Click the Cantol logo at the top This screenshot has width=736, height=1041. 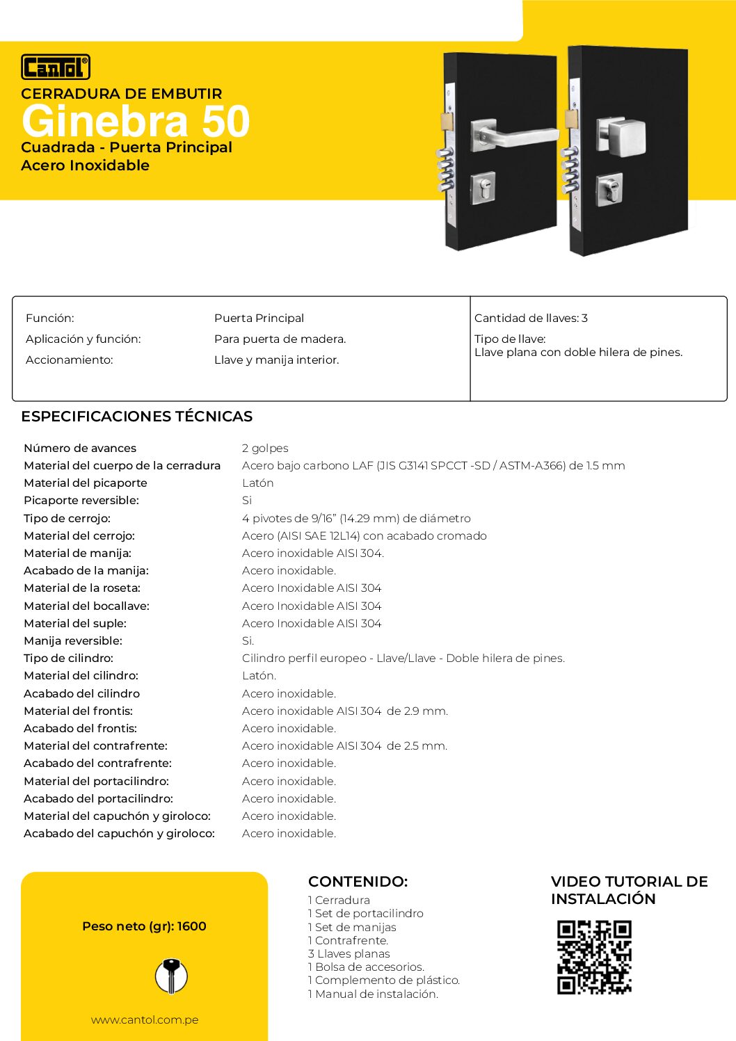[56, 67]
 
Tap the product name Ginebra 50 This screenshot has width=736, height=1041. [136, 121]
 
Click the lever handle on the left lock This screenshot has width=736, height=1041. [518, 136]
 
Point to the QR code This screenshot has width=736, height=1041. [594, 957]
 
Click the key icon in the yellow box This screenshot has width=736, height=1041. [171, 976]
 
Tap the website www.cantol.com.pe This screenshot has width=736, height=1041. [145, 1019]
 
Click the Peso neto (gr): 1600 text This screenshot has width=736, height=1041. [144, 926]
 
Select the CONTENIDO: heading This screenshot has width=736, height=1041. [358, 881]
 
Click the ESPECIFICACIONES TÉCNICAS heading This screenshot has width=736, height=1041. [136, 416]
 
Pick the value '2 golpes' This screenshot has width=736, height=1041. [265, 448]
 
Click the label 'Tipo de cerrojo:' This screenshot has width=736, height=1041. [67, 518]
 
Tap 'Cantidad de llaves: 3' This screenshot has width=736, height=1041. [531, 318]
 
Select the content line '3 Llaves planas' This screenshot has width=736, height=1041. [349, 953]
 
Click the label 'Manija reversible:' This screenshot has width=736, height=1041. [72, 640]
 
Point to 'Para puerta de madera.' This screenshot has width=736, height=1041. [280, 339]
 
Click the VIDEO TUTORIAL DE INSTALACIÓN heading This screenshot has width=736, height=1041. [629, 889]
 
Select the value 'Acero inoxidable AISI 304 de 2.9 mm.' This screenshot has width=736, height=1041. [344, 711]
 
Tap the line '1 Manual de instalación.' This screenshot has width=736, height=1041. [373, 994]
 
